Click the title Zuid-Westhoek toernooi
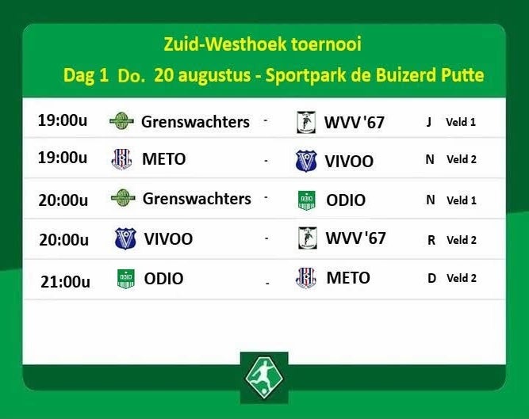(x=263, y=44)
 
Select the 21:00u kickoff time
(x=66, y=282)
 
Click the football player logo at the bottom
(x=264, y=376)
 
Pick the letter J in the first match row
(x=429, y=122)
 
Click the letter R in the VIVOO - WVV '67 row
(x=431, y=240)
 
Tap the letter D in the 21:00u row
(x=431, y=278)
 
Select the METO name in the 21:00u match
(x=348, y=278)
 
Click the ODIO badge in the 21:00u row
(x=126, y=279)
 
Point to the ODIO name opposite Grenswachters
(x=346, y=200)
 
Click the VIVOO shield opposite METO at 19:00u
(x=306, y=161)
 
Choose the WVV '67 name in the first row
(x=355, y=122)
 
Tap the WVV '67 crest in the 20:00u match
(x=308, y=238)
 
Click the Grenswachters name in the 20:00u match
(x=197, y=198)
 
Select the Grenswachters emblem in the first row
(x=122, y=121)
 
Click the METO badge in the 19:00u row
(x=121, y=159)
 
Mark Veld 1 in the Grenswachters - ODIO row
(x=462, y=200)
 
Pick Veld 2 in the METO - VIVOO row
(x=462, y=159)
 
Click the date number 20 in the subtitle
(x=163, y=75)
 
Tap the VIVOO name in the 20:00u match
(x=168, y=238)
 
